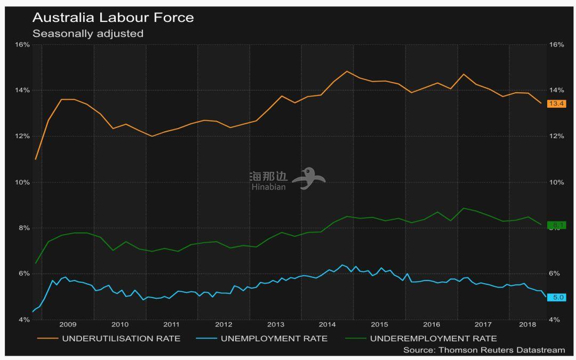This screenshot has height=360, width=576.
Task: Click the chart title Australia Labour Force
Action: click(x=113, y=18)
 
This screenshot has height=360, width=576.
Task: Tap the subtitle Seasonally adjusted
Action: click(x=88, y=34)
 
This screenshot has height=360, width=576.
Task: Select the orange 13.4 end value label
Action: click(x=556, y=103)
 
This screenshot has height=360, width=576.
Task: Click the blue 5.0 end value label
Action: click(x=556, y=298)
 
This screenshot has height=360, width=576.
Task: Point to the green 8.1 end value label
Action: click(x=556, y=225)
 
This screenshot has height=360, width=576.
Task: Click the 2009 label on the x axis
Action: click(x=68, y=324)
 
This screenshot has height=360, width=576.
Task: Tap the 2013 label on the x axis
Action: click(x=275, y=324)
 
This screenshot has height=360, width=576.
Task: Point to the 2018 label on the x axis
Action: click(x=527, y=324)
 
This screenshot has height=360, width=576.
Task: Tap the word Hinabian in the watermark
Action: click(x=268, y=187)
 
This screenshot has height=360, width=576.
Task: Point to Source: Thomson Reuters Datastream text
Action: click(x=484, y=350)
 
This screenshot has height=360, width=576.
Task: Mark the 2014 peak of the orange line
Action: click(x=347, y=71)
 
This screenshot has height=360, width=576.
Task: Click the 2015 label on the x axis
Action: click(x=379, y=324)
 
